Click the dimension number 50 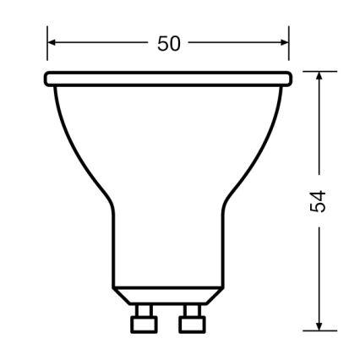(169, 43)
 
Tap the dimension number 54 (318, 202)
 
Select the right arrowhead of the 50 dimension (285, 42)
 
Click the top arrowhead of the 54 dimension (319, 77)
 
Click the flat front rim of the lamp (167, 79)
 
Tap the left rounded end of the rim (48, 79)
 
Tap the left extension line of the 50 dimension (47, 46)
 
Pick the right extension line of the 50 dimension (290, 46)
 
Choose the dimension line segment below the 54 (319, 270)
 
